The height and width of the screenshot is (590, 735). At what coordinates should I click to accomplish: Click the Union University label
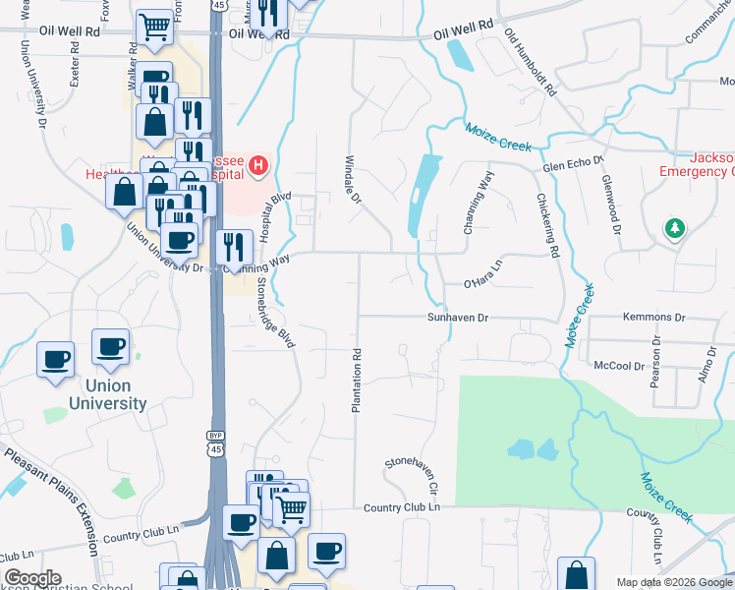click(107, 394)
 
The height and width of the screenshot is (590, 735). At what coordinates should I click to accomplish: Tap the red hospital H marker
click(258, 165)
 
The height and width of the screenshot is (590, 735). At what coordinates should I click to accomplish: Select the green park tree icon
click(674, 229)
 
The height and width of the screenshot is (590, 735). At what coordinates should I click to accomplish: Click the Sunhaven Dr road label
click(457, 318)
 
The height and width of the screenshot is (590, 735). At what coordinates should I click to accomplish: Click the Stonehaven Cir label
click(411, 474)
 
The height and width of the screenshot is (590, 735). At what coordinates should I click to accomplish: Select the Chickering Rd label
click(547, 225)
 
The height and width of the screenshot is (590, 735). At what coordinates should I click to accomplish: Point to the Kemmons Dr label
click(653, 318)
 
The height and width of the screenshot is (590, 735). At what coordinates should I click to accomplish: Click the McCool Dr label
click(619, 365)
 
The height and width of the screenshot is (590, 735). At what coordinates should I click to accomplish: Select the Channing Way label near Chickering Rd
click(479, 203)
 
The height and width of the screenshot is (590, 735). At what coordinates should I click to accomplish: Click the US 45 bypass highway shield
click(215, 442)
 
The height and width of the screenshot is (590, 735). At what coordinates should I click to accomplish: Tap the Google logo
click(32, 578)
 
